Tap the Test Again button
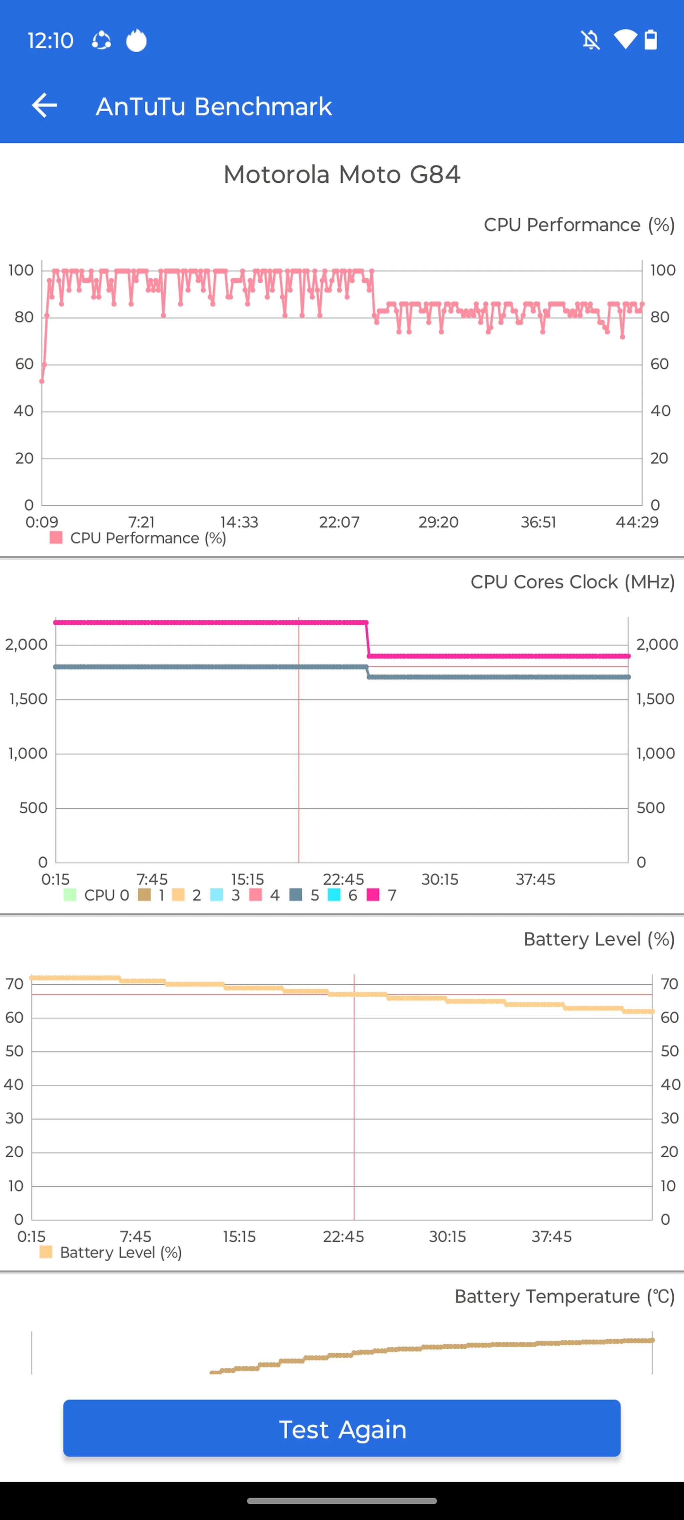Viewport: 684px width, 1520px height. coord(342,1428)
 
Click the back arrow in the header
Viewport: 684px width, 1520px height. coord(44,106)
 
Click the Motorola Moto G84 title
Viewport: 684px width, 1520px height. coord(342,175)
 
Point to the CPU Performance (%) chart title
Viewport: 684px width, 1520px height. coord(578,225)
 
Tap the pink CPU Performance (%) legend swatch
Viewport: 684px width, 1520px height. coord(56,537)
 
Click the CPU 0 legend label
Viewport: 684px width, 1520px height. coord(106,895)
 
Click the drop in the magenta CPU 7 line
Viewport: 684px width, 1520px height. coord(367,639)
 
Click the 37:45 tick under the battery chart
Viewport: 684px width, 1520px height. coord(551,1236)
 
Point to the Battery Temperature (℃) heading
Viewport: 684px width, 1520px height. coord(564,1296)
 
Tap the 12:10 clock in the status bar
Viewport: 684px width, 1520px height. coord(50,41)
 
